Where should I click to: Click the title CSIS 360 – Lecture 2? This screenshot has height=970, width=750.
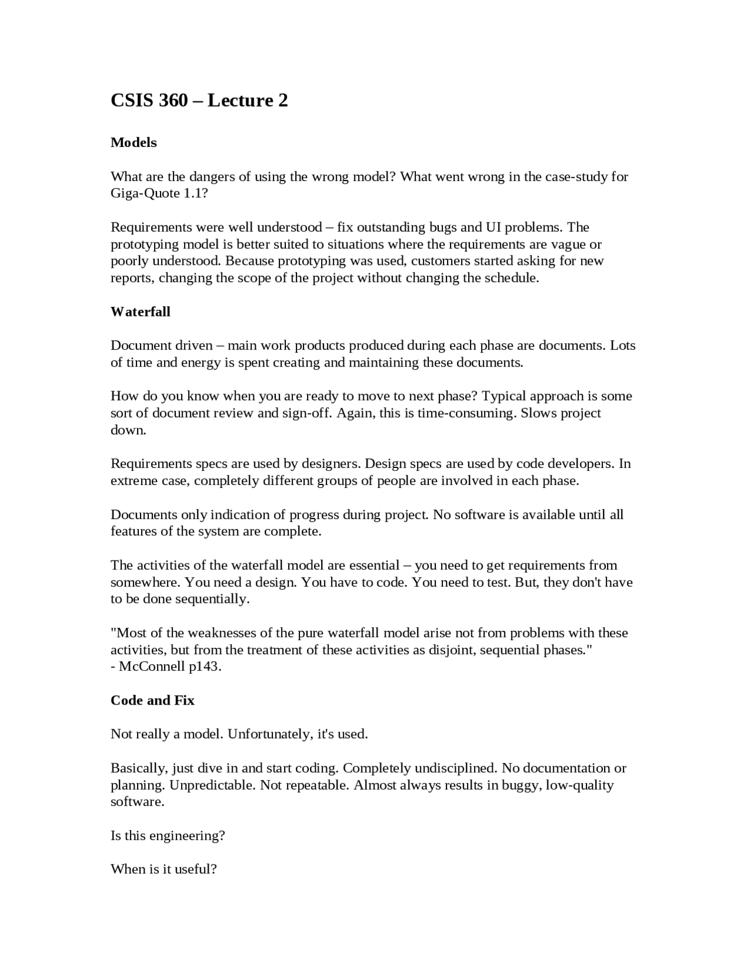click(x=199, y=101)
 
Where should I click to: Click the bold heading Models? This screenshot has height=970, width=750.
click(x=134, y=142)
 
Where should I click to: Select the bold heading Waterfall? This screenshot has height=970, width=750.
click(x=141, y=312)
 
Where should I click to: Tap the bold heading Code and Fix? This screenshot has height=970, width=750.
click(x=152, y=701)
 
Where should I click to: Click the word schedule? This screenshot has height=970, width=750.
click(x=509, y=278)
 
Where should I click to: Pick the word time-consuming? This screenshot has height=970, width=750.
click(x=466, y=413)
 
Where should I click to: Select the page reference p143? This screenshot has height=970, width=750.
click(x=204, y=667)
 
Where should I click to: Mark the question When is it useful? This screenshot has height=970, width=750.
click(x=163, y=869)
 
